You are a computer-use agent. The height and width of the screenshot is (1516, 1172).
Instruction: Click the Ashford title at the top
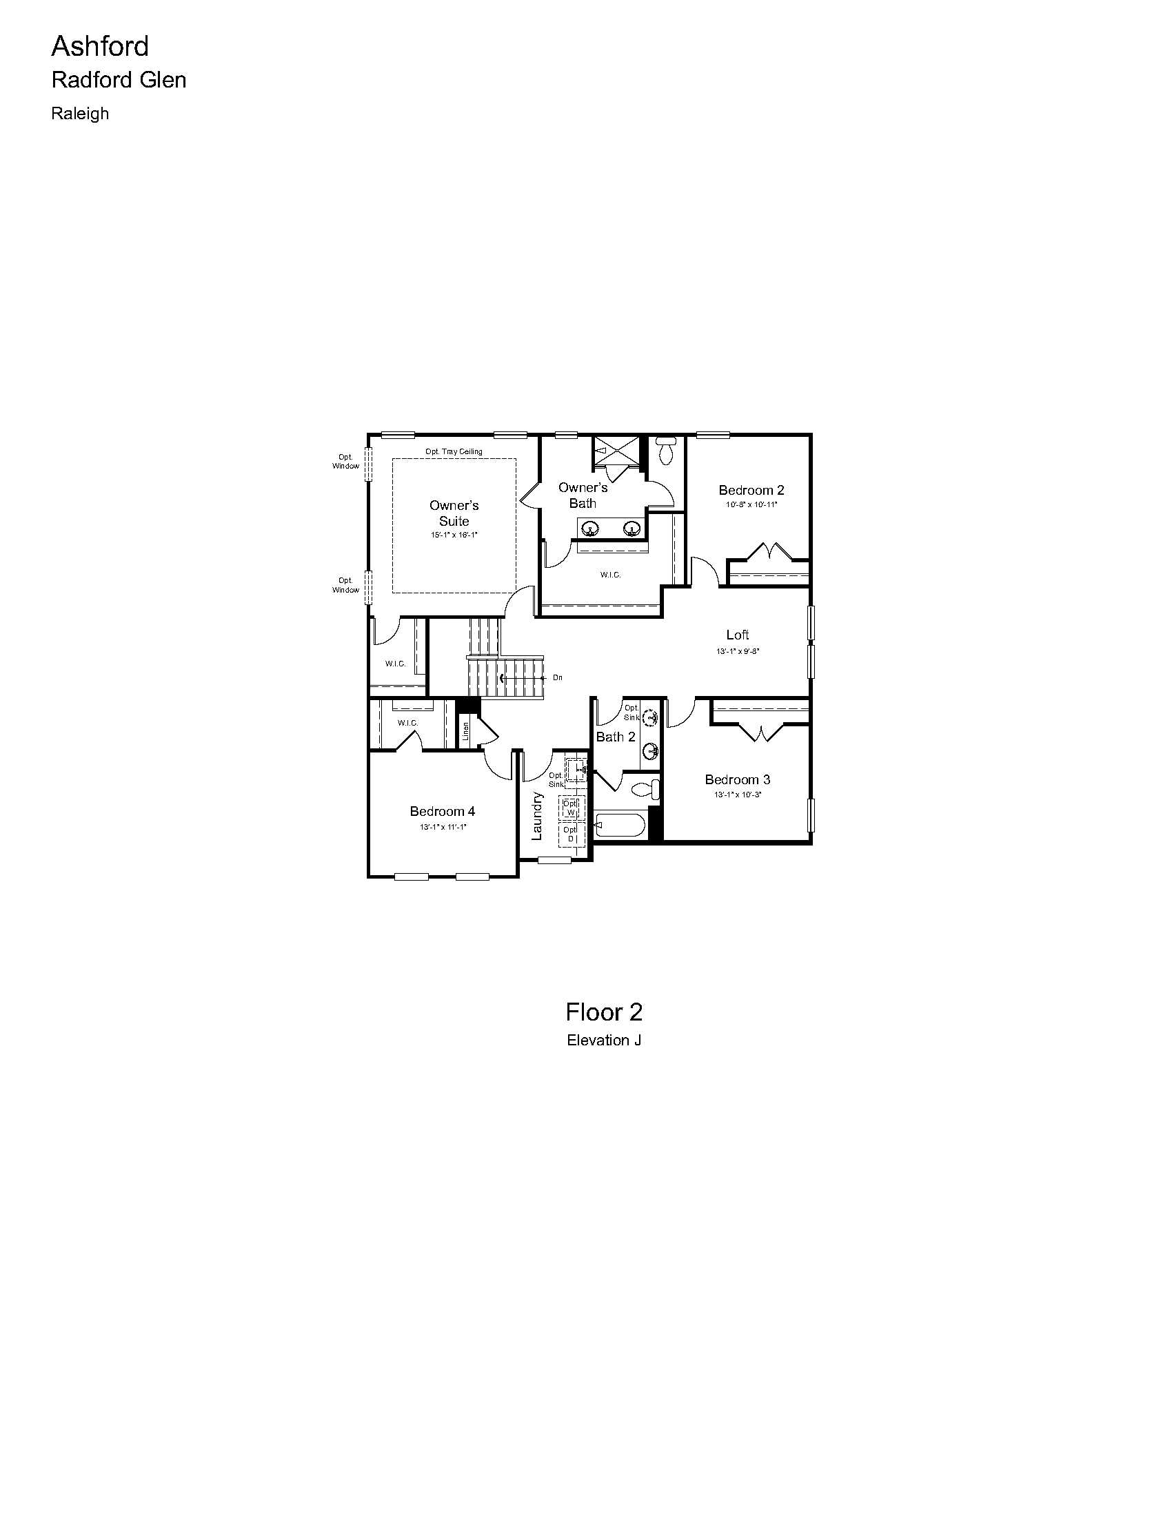(x=100, y=46)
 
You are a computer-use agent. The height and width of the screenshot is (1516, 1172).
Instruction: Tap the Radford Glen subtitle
(x=119, y=80)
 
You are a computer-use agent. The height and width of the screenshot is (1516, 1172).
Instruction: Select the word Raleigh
(x=80, y=113)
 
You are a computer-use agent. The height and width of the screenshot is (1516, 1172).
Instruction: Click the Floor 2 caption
(x=603, y=1012)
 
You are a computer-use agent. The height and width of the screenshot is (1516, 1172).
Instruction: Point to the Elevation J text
(x=603, y=1040)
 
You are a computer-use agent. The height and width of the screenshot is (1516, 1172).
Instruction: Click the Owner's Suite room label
(x=454, y=513)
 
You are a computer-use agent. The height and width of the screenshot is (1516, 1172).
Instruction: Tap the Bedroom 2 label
(x=751, y=490)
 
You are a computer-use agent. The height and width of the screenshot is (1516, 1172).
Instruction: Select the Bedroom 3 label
(x=738, y=779)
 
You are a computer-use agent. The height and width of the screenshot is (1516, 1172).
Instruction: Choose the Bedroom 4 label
(x=443, y=811)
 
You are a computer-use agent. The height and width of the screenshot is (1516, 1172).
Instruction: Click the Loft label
(x=738, y=635)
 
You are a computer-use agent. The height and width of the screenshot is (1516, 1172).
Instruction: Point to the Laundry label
(x=536, y=817)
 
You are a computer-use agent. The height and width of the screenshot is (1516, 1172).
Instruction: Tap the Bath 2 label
(x=616, y=737)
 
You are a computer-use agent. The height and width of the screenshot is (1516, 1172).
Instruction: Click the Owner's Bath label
(x=583, y=495)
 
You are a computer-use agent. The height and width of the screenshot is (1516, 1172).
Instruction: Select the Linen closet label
(x=466, y=731)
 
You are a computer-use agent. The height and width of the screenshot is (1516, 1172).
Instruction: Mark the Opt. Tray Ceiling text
(x=454, y=451)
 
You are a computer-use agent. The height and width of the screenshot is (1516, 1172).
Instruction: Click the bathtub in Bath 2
(x=620, y=826)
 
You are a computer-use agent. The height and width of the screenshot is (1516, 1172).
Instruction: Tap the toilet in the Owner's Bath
(x=666, y=451)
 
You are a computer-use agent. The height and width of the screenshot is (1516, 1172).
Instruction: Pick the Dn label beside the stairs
(x=558, y=677)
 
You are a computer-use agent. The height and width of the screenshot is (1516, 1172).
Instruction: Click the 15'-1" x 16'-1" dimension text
(x=454, y=535)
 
